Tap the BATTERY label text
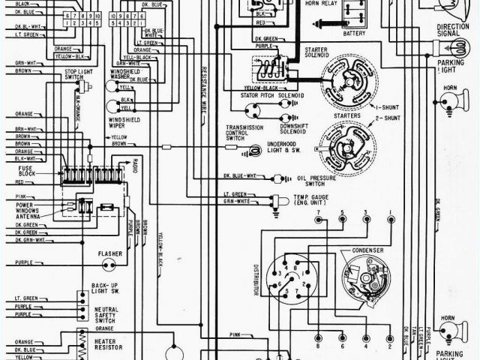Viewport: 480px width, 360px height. point(354,34)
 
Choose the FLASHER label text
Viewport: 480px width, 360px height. point(109,253)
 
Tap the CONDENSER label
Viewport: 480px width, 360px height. point(367,250)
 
